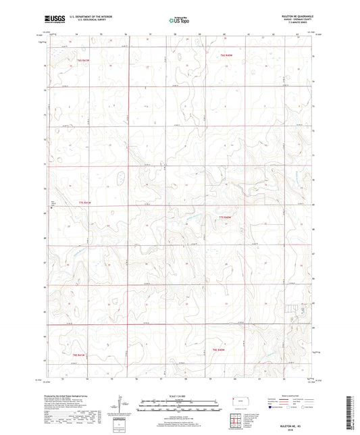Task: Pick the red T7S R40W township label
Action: coord(226,216)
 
